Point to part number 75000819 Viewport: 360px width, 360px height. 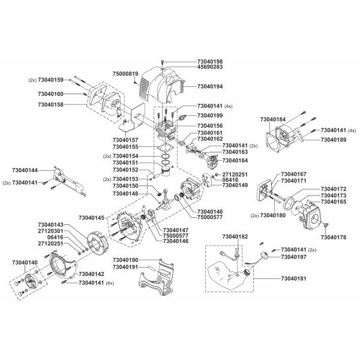click(125, 73)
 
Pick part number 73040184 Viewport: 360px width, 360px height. click(272, 119)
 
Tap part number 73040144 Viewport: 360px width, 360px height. click(25, 170)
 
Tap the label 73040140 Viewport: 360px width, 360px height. click(25, 263)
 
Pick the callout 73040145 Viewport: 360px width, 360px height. click(92, 218)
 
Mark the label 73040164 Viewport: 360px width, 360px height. click(235, 161)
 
